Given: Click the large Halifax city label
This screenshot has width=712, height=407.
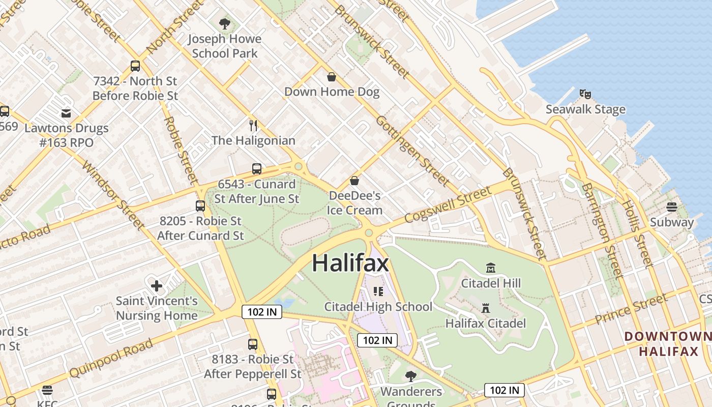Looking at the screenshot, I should click(x=350, y=263).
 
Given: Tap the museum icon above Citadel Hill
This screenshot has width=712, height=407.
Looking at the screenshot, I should click(x=491, y=268).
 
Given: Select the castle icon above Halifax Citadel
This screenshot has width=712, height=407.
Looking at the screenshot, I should click(x=486, y=308).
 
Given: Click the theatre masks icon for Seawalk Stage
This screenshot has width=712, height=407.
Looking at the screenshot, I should click(x=585, y=94).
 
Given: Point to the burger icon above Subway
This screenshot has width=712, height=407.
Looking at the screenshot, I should click(x=672, y=207).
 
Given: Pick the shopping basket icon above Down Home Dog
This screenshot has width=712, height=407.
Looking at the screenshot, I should click(x=332, y=77).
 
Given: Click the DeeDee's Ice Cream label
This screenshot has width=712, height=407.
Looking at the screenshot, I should click(x=354, y=202).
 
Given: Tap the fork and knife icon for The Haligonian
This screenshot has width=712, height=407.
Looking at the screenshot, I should click(x=253, y=125).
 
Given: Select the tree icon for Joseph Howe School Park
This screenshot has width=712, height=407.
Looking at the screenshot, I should click(x=224, y=23).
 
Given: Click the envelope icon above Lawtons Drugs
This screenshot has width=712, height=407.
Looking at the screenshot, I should click(x=66, y=113).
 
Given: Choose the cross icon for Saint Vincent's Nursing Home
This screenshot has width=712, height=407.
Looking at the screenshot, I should click(x=157, y=286).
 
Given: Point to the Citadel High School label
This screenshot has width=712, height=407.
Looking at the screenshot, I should click(x=378, y=306).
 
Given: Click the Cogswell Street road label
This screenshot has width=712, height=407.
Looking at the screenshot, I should click(x=448, y=205).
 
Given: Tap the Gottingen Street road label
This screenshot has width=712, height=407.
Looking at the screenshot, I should click(x=412, y=151).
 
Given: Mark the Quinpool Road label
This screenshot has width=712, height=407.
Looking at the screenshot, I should click(x=110, y=358).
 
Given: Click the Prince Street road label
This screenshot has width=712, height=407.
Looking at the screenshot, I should click(x=631, y=309).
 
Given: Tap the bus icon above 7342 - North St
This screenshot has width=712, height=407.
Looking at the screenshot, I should click(x=135, y=66).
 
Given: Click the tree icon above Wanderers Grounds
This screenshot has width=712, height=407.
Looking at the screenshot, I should click(x=411, y=376).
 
